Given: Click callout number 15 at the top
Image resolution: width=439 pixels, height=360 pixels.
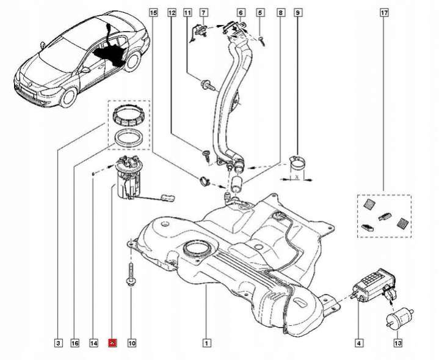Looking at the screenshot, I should [153, 12].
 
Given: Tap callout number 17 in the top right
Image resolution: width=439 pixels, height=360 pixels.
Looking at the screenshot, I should [383, 12].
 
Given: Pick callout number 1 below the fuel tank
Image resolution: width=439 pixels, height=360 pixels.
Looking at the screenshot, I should [207, 343].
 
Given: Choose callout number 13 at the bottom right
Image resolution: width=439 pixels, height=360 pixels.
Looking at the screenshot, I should [398, 343].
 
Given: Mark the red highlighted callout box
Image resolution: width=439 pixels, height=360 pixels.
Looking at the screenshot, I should [112, 343].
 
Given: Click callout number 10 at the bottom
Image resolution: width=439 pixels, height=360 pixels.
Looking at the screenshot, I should [132, 343].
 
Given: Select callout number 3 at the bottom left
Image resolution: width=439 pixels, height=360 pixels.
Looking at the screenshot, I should [57, 343].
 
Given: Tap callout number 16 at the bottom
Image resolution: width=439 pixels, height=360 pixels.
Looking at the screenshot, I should [75, 343].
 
